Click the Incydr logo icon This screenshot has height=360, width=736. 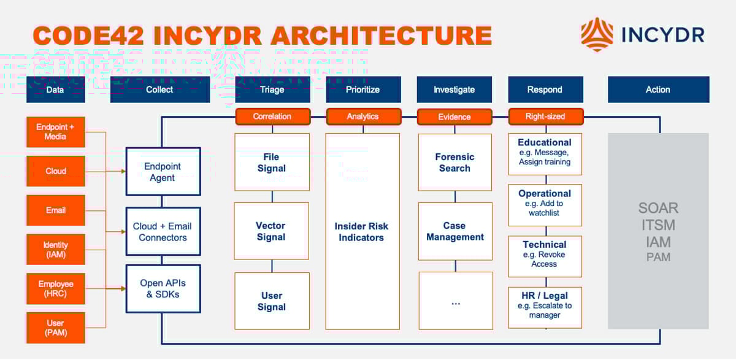596,34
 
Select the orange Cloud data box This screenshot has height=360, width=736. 56,171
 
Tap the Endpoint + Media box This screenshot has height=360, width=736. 56,132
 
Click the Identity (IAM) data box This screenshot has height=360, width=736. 56,250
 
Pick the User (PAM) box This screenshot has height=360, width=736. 56,327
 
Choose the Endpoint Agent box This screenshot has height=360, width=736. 163,172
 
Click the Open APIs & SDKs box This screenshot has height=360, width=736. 163,288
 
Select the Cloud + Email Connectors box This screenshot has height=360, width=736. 163,231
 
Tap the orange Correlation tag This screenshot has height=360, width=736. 272,116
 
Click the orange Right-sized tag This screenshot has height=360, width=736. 545,116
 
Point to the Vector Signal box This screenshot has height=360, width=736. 271,231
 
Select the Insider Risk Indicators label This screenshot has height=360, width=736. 362,232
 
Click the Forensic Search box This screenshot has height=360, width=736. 454,163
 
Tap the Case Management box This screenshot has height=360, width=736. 455,231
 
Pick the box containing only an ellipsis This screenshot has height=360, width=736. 455,301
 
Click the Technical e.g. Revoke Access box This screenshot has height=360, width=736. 545,254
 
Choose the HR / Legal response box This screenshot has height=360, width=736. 545,305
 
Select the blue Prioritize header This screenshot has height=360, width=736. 363,90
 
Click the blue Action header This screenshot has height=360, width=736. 658,90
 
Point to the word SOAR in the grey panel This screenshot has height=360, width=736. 658,209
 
